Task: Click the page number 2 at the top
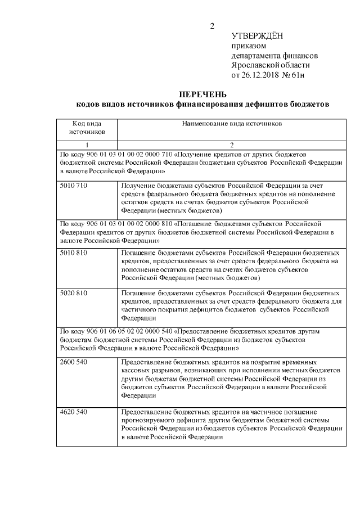[x=212, y=26]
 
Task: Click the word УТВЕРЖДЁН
[x=257, y=37]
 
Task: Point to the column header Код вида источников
[x=87, y=127]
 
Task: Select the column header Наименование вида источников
[x=232, y=122]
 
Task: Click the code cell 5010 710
[x=74, y=184]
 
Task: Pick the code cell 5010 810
[x=74, y=253]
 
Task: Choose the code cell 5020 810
[x=74, y=293]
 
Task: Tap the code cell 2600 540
[x=74, y=362]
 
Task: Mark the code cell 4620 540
[x=74, y=412]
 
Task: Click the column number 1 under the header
[x=87, y=145]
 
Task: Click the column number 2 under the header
[x=232, y=145]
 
